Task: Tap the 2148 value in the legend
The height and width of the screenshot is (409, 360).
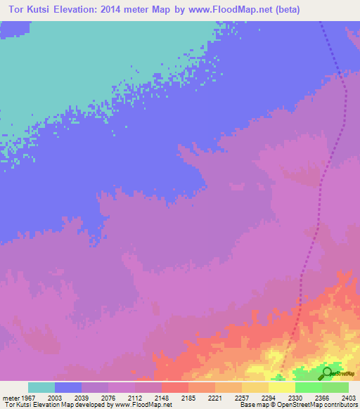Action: [162, 397]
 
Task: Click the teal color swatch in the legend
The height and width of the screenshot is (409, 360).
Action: [41, 387]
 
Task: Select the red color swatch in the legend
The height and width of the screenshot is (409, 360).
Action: [175, 387]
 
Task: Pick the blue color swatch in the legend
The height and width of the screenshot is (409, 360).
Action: [68, 387]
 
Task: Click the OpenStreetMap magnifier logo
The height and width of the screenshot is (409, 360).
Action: [327, 373]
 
